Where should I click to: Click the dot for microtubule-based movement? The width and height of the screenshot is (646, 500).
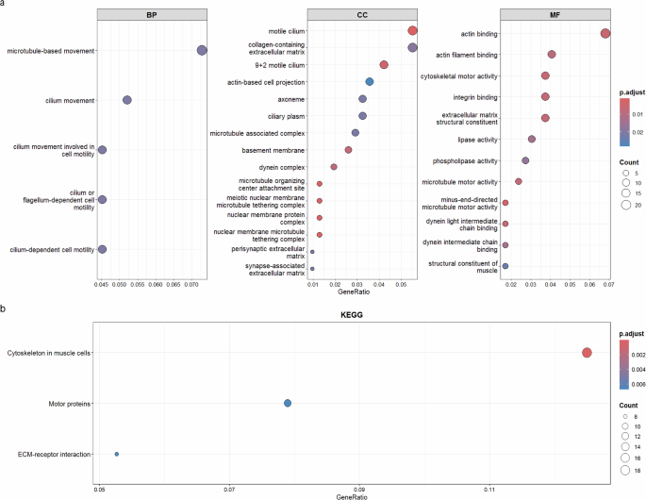click(201, 50)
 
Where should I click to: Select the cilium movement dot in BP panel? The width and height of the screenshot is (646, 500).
click(127, 100)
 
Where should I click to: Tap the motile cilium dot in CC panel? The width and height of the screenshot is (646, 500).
click(412, 31)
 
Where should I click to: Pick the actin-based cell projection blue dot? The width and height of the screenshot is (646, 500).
click(370, 82)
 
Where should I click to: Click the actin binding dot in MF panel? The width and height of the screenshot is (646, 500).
click(605, 34)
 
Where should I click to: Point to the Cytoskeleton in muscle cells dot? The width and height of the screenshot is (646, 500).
click(587, 353)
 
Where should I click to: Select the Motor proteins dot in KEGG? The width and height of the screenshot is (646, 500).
click(288, 404)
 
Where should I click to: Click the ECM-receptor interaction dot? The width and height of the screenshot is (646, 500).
click(117, 454)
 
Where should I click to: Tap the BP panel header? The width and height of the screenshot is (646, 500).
click(152, 15)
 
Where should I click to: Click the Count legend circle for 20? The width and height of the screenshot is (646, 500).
click(625, 204)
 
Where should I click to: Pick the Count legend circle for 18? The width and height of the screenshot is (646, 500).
click(625, 469)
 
